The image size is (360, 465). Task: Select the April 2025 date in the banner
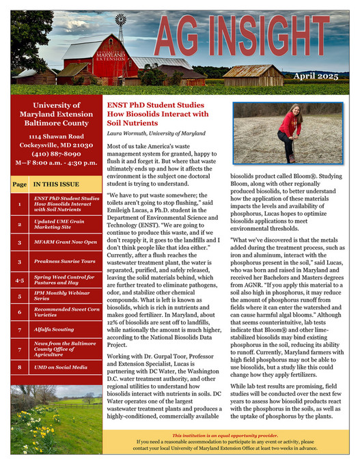[x=316, y=76]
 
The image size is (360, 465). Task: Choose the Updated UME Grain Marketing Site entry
[x=64, y=223]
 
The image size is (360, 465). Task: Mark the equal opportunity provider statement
[x=225, y=435]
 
